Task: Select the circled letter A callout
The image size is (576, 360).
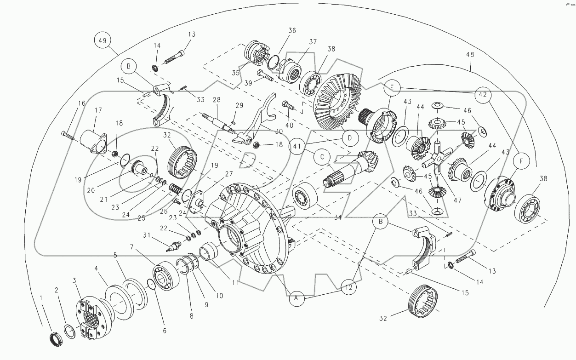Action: (x=297, y=299)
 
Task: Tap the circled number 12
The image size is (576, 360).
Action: (x=349, y=287)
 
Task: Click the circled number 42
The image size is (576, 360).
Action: (x=481, y=95)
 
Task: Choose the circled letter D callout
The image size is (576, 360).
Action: (x=349, y=137)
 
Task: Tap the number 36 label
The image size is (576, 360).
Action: (x=292, y=31)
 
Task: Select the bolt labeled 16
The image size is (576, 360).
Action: (x=67, y=135)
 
